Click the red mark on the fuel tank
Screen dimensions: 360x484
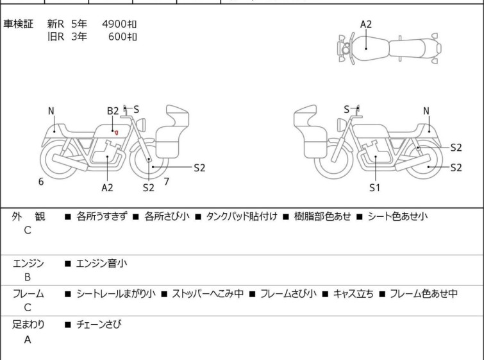(116, 132)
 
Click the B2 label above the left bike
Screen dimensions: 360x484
(112, 111)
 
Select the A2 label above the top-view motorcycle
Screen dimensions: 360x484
(365, 24)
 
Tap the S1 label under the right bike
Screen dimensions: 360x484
(375, 188)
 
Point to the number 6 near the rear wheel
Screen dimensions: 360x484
(41, 182)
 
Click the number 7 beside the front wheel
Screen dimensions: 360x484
(166, 181)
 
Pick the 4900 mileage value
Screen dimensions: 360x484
(119, 24)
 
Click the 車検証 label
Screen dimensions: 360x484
(19, 24)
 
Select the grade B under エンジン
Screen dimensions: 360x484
(27, 278)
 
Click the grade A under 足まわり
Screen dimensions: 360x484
(27, 339)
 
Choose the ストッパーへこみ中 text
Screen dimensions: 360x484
(204, 294)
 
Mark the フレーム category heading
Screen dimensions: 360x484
(28, 294)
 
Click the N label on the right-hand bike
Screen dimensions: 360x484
(426, 111)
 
